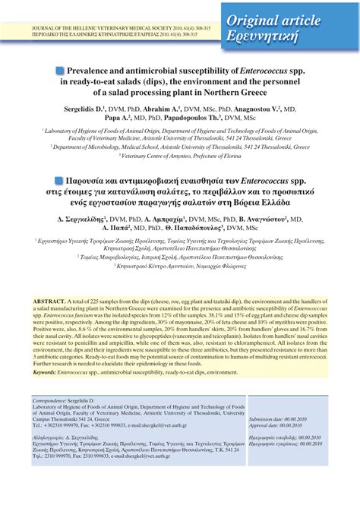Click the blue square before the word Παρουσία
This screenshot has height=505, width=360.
[x=60, y=181]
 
